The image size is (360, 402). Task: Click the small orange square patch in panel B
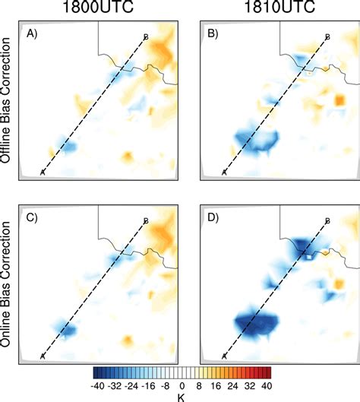tap(339, 99)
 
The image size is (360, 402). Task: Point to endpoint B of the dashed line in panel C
tap(145, 220)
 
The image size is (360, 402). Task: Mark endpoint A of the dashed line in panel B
tap(223, 173)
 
